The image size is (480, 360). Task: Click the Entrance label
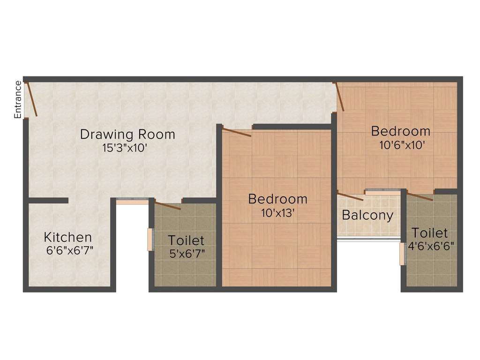[18, 99]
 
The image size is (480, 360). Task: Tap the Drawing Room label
[127, 135]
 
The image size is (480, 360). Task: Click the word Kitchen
[67, 237]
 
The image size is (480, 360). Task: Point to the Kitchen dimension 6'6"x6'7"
[69, 250]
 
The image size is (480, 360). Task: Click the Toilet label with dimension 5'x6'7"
[186, 240]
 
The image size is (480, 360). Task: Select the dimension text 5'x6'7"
[187, 254]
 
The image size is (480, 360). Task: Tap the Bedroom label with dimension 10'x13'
[278, 199]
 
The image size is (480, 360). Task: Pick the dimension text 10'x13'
[277, 213]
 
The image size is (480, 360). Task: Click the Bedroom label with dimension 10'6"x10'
[401, 131]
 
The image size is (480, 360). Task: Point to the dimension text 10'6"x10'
[402, 145]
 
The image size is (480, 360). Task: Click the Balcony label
[367, 215]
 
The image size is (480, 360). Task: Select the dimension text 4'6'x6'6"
[431, 246]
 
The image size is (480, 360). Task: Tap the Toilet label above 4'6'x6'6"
[429, 233]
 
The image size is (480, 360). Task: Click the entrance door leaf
[32, 99]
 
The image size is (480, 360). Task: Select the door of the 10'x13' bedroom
[237, 133]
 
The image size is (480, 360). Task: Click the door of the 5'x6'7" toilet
[168, 206]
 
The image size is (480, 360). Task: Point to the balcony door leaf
[350, 196]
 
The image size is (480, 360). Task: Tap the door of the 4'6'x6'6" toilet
[420, 196]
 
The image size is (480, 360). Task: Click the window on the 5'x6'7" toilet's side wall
[150, 240]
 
